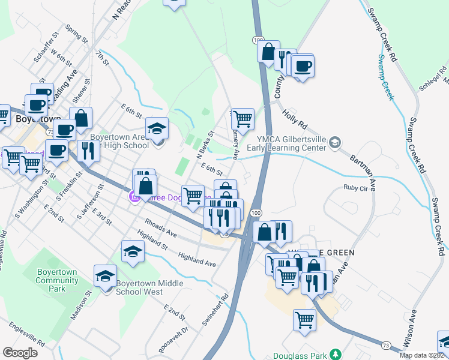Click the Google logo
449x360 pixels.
(20, 352)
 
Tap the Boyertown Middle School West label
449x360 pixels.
(139, 287)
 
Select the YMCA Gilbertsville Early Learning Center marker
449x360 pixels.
(335, 142)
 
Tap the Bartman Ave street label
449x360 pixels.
(363, 169)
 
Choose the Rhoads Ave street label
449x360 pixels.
(160, 229)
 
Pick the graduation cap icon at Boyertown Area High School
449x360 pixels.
(157, 129)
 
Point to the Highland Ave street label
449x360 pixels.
(197, 259)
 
